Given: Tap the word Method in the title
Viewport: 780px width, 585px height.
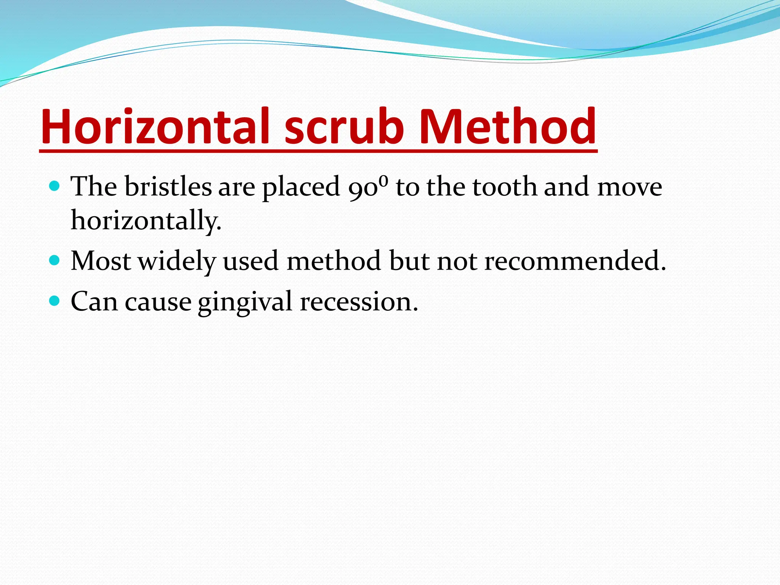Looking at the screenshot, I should (x=507, y=126).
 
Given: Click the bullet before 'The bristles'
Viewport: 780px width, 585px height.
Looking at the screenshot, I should (x=55, y=186).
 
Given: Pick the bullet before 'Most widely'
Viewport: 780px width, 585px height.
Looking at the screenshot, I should (x=55, y=261).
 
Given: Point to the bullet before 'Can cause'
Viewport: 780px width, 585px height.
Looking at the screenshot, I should (x=55, y=301).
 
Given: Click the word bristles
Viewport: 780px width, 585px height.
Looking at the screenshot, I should (x=168, y=187).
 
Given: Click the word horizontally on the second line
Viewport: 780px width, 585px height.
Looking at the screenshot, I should (x=146, y=221).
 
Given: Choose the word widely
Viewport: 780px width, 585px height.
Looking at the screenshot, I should (x=177, y=261).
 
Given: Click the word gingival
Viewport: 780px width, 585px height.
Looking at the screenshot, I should (x=245, y=302).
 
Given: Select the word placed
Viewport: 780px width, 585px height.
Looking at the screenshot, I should (x=301, y=187).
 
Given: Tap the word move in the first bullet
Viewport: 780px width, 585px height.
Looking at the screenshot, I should (x=630, y=187).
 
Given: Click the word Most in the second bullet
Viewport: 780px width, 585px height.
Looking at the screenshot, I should (x=101, y=261).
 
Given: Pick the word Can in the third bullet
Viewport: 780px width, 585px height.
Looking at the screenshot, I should (x=94, y=302).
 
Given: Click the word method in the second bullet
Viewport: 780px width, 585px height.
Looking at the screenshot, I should (x=334, y=261).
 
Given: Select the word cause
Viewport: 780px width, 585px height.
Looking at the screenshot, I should (x=158, y=302).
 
